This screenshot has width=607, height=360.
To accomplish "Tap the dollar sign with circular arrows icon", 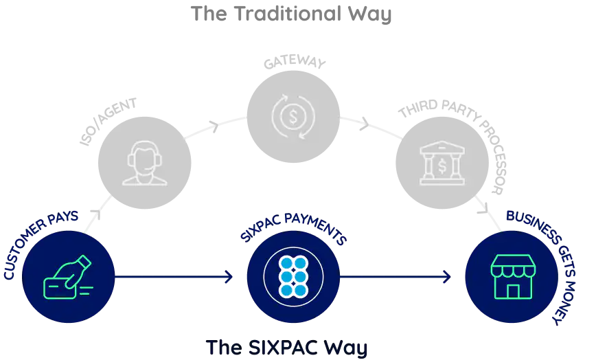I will [293, 116].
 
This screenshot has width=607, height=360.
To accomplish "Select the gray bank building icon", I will [442, 163].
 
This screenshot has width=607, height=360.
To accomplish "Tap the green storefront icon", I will [513, 276].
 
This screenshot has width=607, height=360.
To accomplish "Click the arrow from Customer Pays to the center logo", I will [175, 278].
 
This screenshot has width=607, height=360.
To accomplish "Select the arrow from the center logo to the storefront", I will [397, 278].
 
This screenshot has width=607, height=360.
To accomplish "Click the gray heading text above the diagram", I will [293, 12].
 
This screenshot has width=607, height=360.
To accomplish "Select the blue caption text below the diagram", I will [288, 346].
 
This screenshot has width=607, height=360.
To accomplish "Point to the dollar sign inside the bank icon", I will [442, 166].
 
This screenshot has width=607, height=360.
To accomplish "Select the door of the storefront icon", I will [512, 291].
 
